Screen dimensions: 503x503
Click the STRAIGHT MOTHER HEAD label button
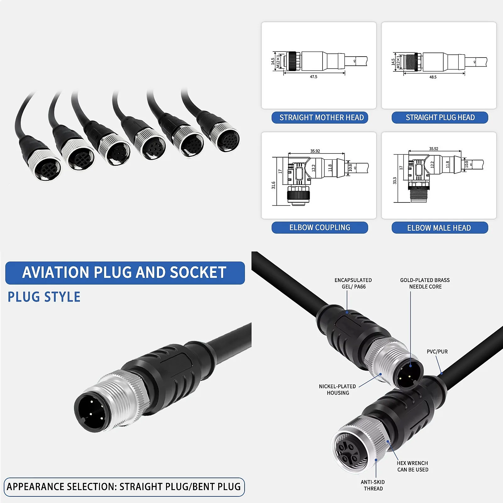click(x=320, y=118)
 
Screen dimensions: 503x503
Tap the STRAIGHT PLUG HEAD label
click(x=440, y=118)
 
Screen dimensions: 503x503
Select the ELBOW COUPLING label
click(x=320, y=228)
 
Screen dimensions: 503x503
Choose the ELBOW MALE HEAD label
click(x=440, y=228)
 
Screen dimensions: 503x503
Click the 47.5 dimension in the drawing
click(x=313, y=77)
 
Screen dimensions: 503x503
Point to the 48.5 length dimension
click(x=433, y=77)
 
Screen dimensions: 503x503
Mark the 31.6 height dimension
click(x=274, y=185)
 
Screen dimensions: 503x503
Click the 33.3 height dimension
click(x=395, y=180)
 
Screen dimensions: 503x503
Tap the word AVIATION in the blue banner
click(x=56, y=273)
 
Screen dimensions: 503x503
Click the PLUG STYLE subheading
click(x=44, y=297)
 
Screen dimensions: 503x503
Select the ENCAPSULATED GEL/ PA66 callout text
click(x=353, y=283)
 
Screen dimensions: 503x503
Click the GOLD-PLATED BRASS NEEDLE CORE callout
click(x=425, y=283)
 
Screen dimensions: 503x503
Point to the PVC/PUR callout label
click(x=437, y=351)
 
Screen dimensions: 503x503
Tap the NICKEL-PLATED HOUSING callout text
click(x=338, y=390)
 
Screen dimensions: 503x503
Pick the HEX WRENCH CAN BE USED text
click(x=412, y=466)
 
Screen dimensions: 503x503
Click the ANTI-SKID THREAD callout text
click(x=373, y=485)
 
